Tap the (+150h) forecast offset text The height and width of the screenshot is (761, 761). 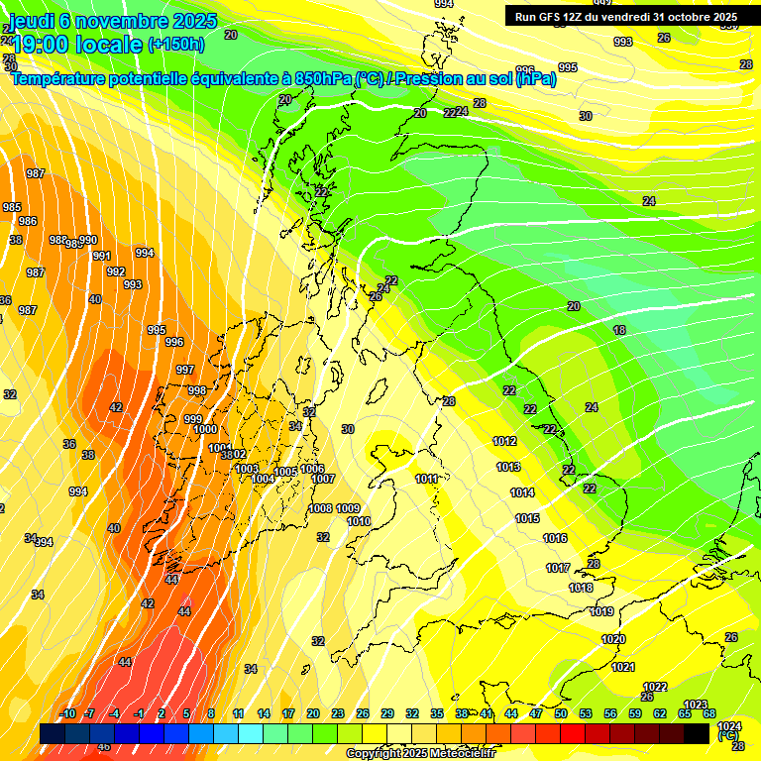click(176, 44)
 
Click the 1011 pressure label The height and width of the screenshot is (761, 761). click(427, 480)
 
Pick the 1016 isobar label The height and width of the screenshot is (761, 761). click(555, 539)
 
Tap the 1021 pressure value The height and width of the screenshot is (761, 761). click(623, 668)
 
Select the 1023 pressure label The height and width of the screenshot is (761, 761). click(696, 706)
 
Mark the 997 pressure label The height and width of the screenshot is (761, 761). click(185, 370)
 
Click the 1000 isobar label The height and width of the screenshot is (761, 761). click(206, 430)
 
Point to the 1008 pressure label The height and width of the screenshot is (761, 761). click(321, 509)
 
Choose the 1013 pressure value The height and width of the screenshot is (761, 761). click(508, 467)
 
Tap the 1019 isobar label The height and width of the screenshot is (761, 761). click(601, 612)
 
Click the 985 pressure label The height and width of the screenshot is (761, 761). click(12, 208)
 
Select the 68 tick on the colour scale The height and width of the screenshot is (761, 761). click(709, 714)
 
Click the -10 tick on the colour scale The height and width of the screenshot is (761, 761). click(67, 714)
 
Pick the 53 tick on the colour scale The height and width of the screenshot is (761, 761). click(586, 714)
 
